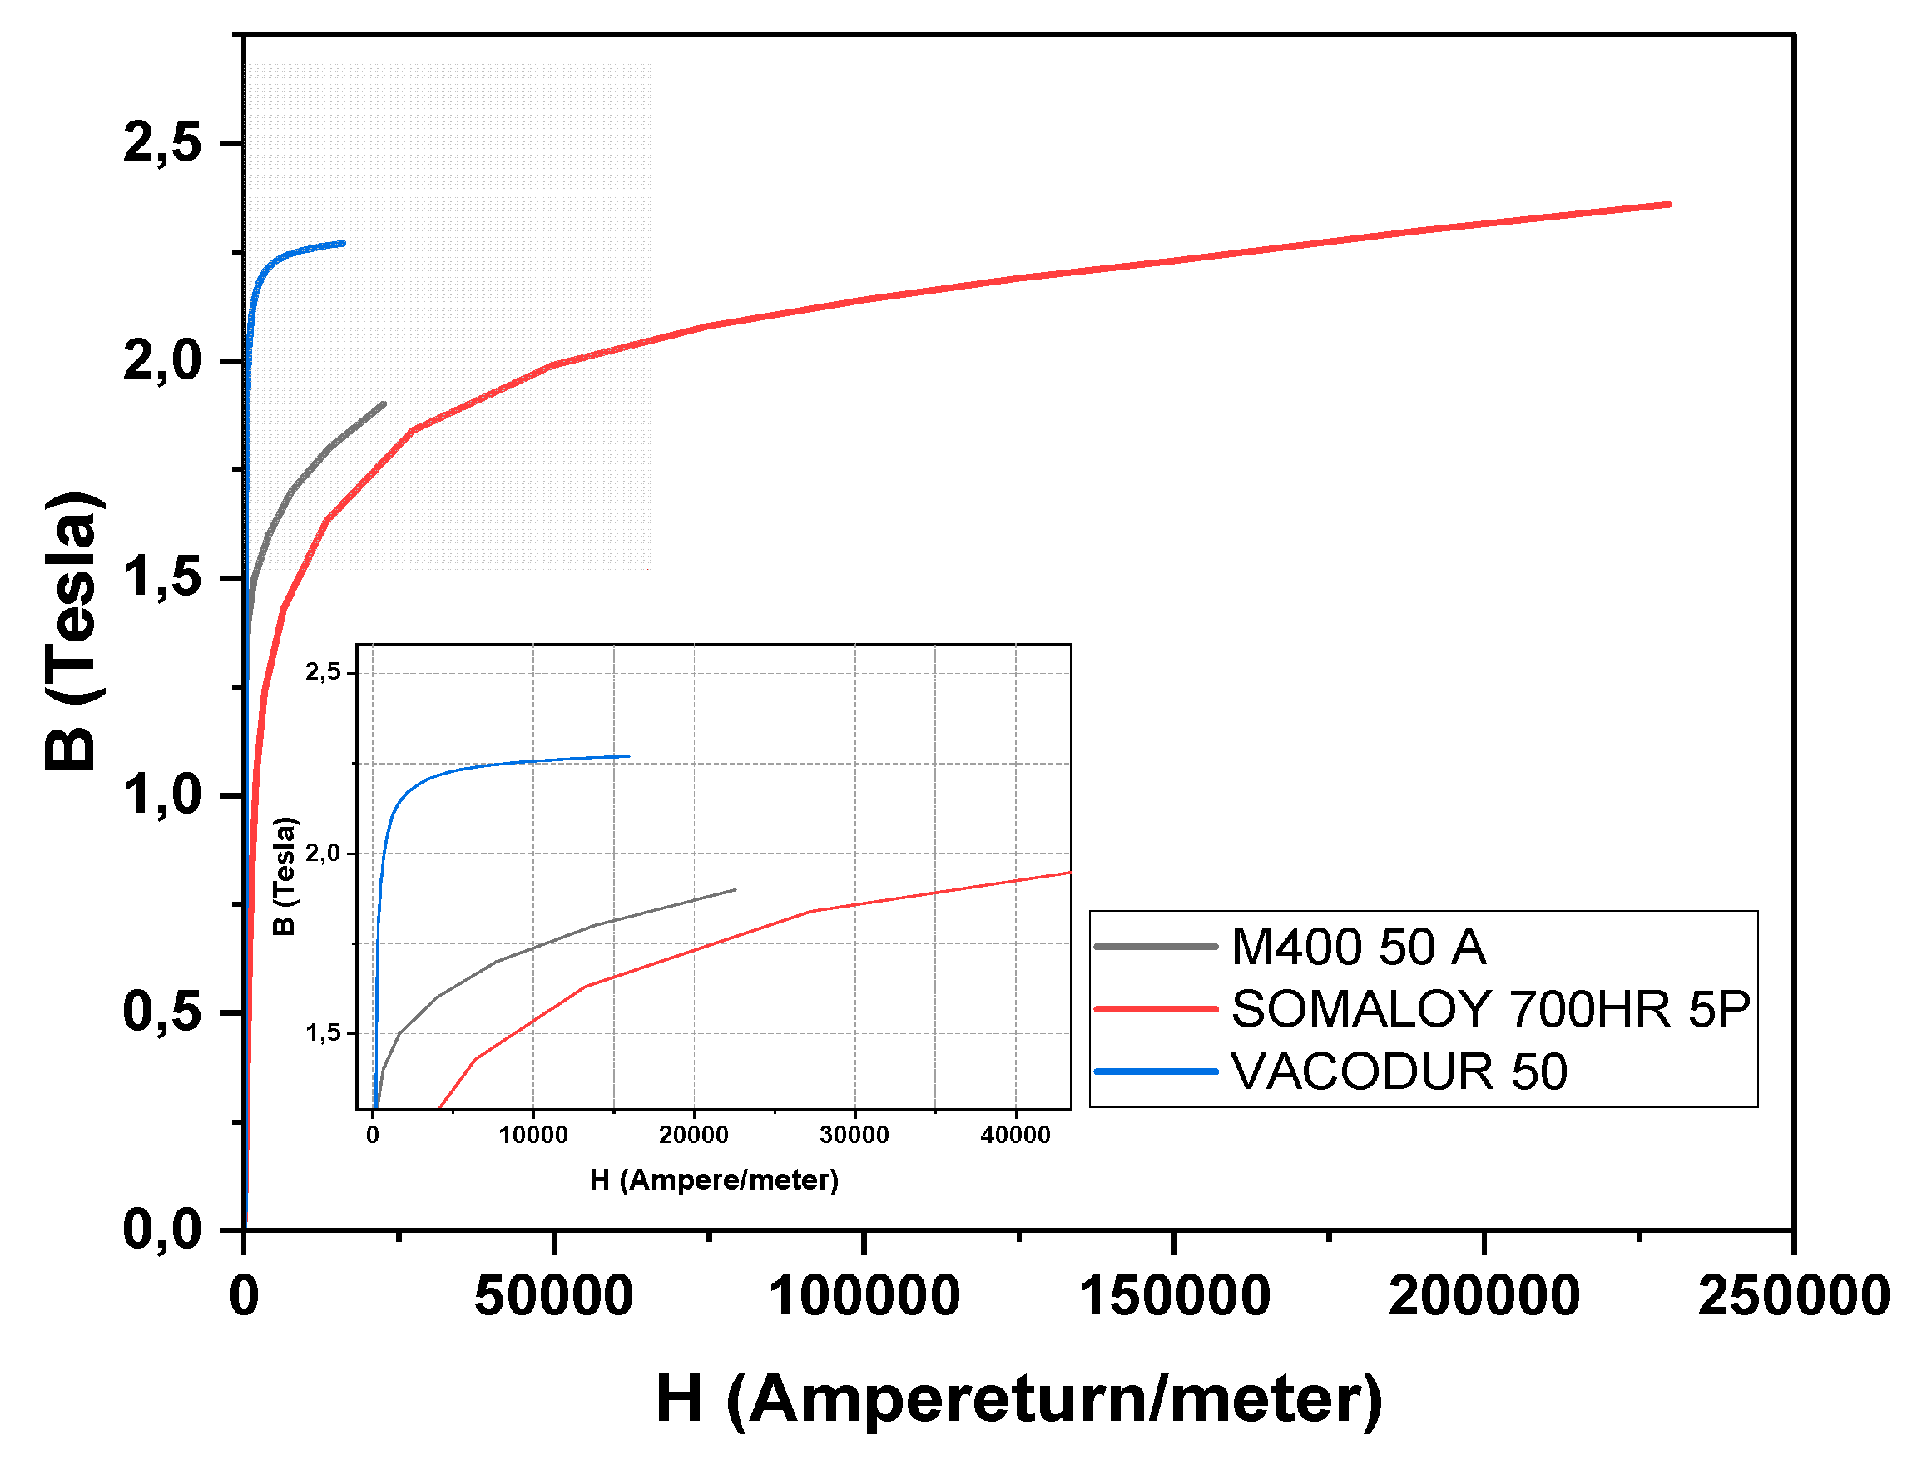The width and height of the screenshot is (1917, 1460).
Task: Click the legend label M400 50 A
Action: coord(1357,947)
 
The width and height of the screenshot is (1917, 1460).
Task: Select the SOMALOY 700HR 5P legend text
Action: coord(1489,1009)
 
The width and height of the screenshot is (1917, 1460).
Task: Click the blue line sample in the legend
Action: coord(1155,1071)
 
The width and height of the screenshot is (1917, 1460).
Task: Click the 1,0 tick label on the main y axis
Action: coord(162,794)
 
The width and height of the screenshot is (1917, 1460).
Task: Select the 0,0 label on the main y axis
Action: coord(162,1229)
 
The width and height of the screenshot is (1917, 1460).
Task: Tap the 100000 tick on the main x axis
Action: coord(864,1296)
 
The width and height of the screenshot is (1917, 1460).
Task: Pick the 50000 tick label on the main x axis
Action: coord(553,1296)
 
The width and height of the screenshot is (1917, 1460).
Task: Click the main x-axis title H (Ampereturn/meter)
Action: coord(1018,1398)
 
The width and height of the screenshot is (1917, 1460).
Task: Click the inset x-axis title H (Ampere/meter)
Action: coord(713,1180)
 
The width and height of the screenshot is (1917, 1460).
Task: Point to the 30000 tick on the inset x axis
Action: coord(854,1135)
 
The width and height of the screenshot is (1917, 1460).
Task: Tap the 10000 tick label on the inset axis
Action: coord(532,1135)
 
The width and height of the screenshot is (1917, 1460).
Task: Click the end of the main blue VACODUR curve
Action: coord(344,243)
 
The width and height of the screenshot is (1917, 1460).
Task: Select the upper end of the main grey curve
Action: coord(384,404)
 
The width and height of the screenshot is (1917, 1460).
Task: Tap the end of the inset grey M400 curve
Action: coord(736,890)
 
